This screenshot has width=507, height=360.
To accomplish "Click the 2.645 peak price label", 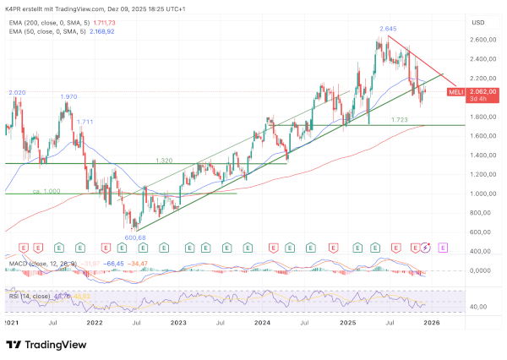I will click(x=388, y=29).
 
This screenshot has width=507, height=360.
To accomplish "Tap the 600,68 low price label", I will click(x=136, y=237).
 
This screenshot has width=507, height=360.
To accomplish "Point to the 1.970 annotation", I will click(x=69, y=96).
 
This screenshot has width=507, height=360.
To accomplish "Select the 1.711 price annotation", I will click(x=84, y=122).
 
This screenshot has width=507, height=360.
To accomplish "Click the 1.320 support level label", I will click(x=165, y=160).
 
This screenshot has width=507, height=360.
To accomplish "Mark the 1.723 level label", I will click(x=400, y=120).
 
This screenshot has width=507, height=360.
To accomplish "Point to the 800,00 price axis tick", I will click(x=484, y=213).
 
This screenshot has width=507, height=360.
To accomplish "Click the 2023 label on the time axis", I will click(x=178, y=322).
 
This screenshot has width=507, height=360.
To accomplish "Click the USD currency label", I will click(x=478, y=22).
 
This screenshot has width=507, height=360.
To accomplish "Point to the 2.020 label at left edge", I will click(x=17, y=92).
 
